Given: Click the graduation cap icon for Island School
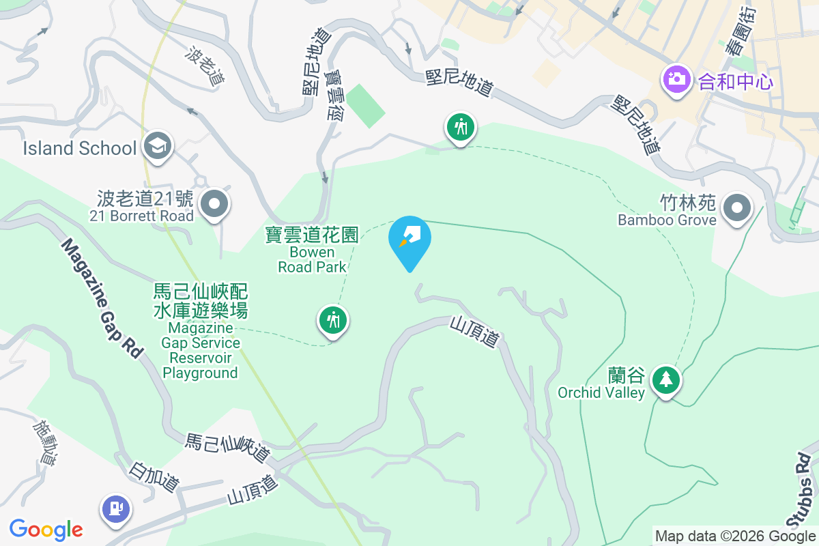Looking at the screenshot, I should click(x=158, y=146).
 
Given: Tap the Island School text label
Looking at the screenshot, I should click(x=79, y=148).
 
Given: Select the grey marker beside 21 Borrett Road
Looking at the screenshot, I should click(x=215, y=203).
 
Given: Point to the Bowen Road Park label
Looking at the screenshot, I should click(x=312, y=250).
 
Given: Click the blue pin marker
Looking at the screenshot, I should click(x=409, y=241).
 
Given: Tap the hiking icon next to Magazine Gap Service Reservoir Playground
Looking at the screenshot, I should click(x=333, y=319).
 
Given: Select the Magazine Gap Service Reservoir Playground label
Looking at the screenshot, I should click(x=201, y=331).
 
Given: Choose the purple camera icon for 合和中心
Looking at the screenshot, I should click(x=676, y=79).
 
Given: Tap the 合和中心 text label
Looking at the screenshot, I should click(x=736, y=83).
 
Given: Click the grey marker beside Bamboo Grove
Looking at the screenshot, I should click(x=736, y=206).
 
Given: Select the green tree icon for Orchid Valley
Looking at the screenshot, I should click(x=665, y=378).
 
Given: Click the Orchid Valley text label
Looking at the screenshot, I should click(x=601, y=385).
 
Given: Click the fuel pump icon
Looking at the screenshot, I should click(x=115, y=508).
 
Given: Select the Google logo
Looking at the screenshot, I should click(x=46, y=530).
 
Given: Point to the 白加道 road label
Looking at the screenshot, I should click(x=154, y=476).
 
